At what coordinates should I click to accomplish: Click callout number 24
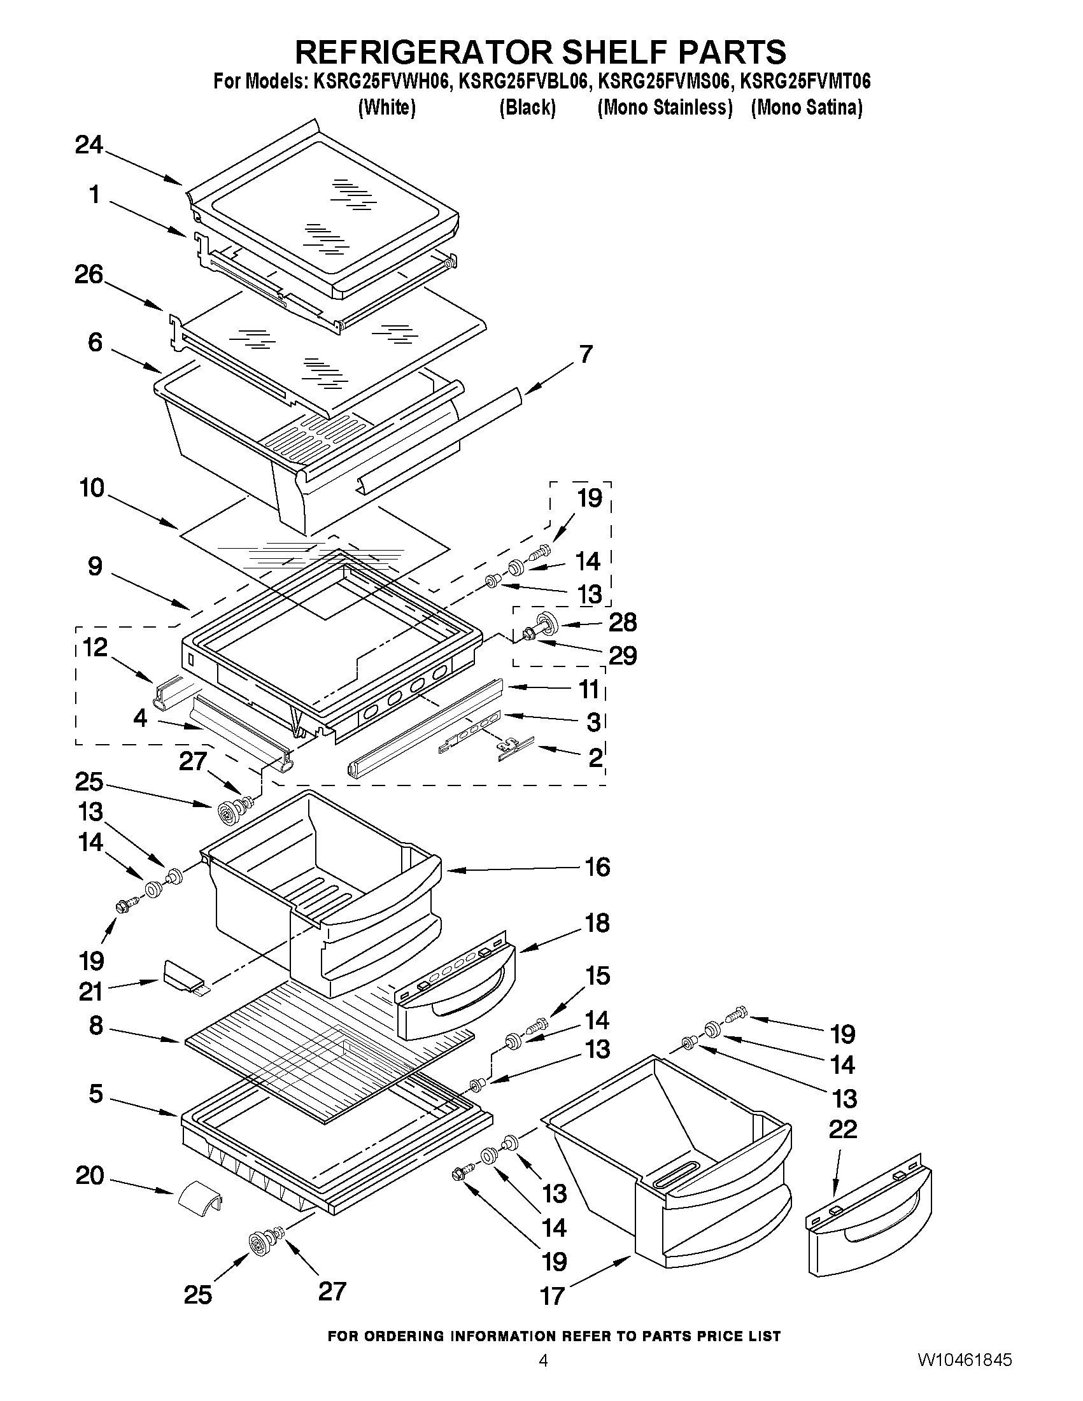(88, 145)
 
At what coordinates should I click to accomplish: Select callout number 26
(88, 275)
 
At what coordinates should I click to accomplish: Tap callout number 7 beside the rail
(586, 354)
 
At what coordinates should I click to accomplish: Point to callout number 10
(92, 488)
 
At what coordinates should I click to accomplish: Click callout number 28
(622, 622)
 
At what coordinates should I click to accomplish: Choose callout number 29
(622, 656)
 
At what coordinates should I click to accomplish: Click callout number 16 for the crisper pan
(597, 868)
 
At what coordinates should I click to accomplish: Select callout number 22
(842, 1129)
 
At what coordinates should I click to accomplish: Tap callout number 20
(90, 1176)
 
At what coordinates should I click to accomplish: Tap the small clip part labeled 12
(165, 693)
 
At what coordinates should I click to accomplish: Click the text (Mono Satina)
(807, 108)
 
